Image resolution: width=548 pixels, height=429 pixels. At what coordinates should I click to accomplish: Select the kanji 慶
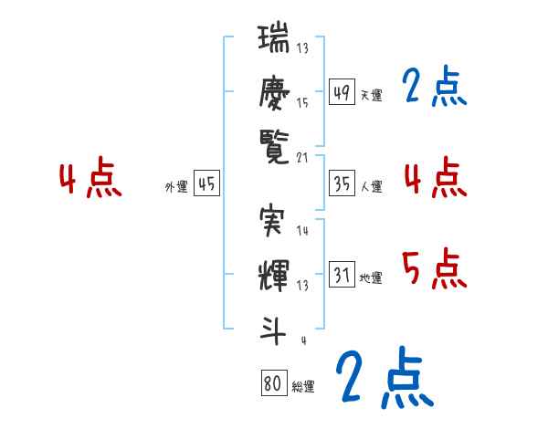pos(274,91)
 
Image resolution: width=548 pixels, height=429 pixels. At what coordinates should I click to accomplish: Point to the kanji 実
pos(274,222)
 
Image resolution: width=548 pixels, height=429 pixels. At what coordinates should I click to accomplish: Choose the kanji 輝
pos(274,274)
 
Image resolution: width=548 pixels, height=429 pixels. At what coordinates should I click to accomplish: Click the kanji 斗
pos(274,324)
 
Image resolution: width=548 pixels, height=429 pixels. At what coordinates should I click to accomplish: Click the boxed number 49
pos(342,91)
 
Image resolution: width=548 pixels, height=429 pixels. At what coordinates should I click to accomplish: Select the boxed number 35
pos(342,183)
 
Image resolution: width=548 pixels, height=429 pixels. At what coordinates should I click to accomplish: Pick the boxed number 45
pos(206,184)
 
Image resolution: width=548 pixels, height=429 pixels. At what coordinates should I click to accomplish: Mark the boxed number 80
pos(272,383)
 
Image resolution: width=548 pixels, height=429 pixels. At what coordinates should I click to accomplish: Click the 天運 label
pos(371,95)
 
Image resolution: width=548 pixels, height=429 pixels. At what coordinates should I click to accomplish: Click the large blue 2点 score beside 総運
pos(382,377)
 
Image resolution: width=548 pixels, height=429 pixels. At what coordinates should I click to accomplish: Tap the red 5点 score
pos(435,268)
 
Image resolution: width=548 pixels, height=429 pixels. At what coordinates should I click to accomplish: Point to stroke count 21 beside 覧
pos(302,158)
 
